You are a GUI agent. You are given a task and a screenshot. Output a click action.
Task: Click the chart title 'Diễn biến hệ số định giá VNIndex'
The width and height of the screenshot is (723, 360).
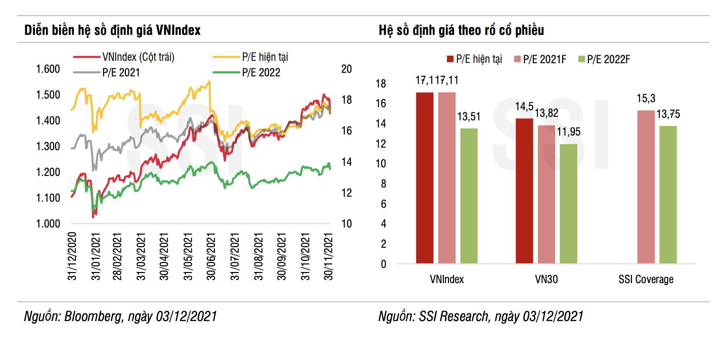point(112,30)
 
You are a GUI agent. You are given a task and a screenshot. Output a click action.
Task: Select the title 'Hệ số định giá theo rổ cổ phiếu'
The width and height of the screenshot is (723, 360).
point(461,30)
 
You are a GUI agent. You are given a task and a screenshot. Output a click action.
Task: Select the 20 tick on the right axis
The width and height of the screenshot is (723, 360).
point(346,69)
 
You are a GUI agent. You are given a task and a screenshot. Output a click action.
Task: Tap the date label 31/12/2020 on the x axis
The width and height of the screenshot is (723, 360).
point(71,255)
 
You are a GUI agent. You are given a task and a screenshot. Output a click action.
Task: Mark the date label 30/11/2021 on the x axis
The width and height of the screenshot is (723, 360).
point(329,255)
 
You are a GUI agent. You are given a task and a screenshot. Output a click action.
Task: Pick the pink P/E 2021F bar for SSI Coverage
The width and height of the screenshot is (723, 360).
point(646,187)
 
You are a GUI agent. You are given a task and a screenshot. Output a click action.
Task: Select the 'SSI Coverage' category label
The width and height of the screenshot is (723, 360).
point(646,279)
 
